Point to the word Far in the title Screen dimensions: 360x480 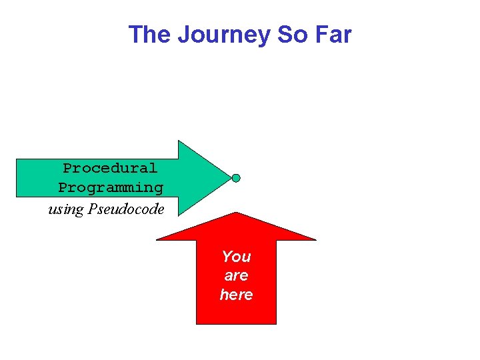pyautogui.click(x=332, y=35)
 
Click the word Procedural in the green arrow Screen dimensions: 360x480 pyautogui.click(x=110, y=168)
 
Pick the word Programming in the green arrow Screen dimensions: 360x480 pyautogui.click(x=111, y=188)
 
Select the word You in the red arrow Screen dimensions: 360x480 pyautogui.click(x=236, y=257)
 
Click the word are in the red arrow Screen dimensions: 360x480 pyautogui.click(x=236, y=275)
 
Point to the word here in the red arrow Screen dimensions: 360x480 pyautogui.click(x=236, y=294)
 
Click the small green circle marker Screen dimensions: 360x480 pyautogui.click(x=236, y=178)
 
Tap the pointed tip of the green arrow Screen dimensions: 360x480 pyautogui.click(x=230, y=178)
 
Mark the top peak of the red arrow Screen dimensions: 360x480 pyautogui.click(x=236, y=213)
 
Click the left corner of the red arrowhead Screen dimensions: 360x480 pyautogui.click(x=157, y=239)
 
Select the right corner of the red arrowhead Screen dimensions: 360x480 pyautogui.click(x=316, y=239)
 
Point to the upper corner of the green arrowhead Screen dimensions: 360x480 pyautogui.click(x=179, y=141)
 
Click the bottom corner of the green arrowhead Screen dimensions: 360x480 pyautogui.click(x=179, y=217)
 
